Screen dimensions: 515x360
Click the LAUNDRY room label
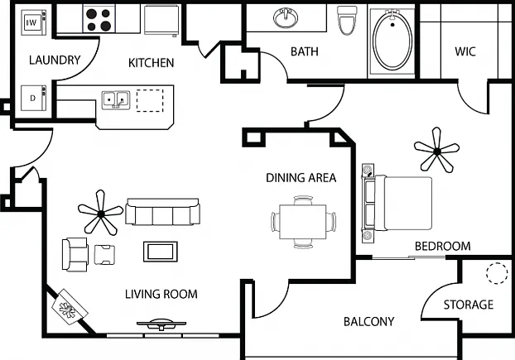click(55, 60)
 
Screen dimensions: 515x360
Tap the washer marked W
click(33, 22)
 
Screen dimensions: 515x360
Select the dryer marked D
click(33, 98)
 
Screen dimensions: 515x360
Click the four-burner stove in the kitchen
click(99, 19)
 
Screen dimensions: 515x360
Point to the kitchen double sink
click(115, 100)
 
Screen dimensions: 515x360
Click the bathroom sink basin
click(286, 18)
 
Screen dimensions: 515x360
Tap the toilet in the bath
click(347, 20)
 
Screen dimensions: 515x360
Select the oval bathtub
click(392, 41)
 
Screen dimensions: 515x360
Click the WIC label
click(465, 51)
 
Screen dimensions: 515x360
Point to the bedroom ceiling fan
click(436, 151)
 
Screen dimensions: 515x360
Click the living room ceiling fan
click(100, 214)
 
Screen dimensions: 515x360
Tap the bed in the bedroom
click(397, 204)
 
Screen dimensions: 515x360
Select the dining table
click(303, 222)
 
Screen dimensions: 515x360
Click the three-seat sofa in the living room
click(162, 212)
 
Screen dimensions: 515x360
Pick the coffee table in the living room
click(161, 252)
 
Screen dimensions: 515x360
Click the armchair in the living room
click(75, 254)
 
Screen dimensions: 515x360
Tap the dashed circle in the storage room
click(497, 273)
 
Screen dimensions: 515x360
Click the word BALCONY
click(368, 322)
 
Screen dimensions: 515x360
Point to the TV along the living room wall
click(161, 324)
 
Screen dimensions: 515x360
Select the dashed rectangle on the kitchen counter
click(150, 100)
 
